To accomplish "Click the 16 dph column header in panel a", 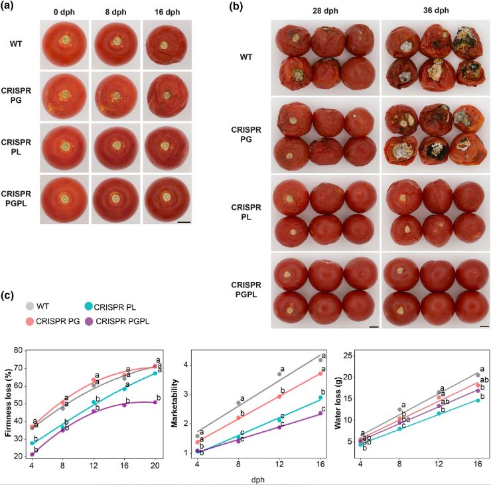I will tap(163, 11).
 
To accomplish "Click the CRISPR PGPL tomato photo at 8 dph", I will tap(115, 198).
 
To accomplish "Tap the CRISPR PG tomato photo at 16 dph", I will tap(164, 96).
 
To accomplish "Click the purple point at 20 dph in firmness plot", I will tap(155, 401).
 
